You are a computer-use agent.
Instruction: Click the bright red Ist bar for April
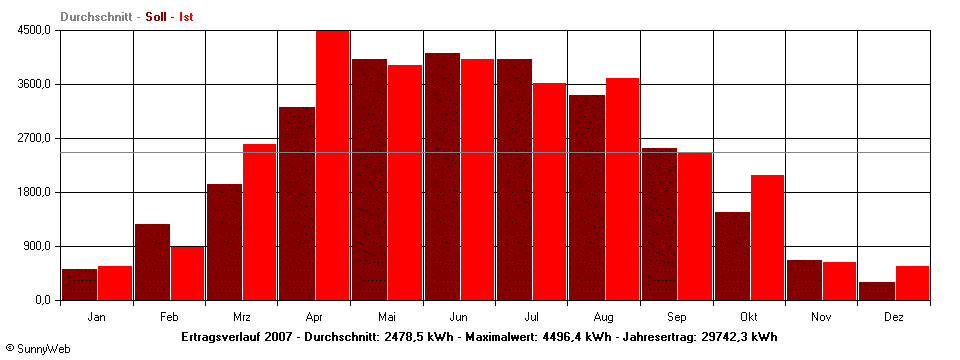tap(333, 165)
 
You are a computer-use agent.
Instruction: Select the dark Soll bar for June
tap(442, 176)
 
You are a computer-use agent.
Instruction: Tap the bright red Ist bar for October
tap(767, 237)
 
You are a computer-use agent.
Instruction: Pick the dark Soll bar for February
tap(152, 262)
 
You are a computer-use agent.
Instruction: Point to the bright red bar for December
tap(912, 283)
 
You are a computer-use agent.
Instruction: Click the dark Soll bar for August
tap(586, 197)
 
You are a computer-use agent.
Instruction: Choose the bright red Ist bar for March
tap(260, 221)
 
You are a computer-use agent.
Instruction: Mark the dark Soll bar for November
tap(804, 280)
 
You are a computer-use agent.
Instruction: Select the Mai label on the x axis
tap(387, 317)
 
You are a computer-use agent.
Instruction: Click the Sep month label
tap(676, 317)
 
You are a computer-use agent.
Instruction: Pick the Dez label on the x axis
tap(894, 317)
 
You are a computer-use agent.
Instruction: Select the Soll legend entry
tap(156, 17)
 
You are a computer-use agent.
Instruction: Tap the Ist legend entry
tap(187, 17)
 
